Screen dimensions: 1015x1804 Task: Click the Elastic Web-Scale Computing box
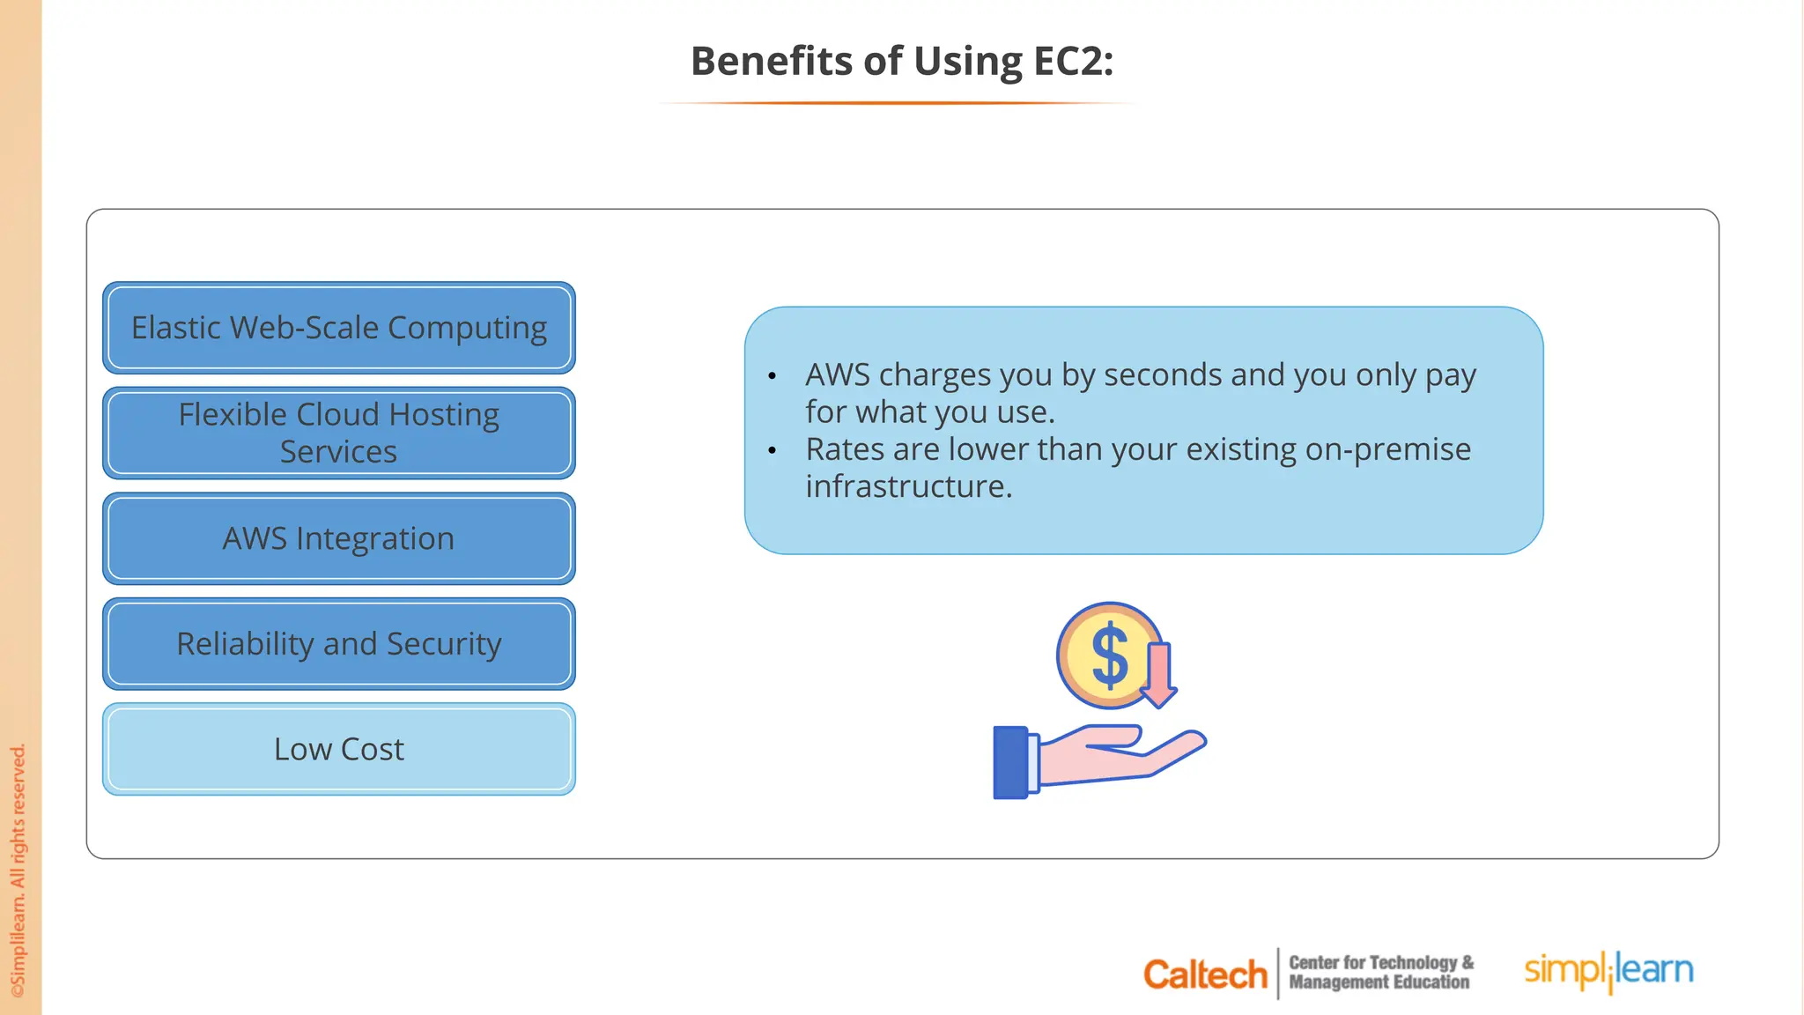click(x=339, y=328)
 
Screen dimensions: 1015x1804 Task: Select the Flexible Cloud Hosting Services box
click(x=339, y=433)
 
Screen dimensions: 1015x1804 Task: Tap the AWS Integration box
click(x=339, y=538)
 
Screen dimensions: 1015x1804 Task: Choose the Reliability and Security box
click(x=339, y=644)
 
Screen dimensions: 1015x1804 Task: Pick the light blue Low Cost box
click(x=339, y=749)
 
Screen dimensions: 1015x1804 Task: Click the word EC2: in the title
click(x=1073, y=62)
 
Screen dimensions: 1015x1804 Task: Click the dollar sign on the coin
click(x=1109, y=656)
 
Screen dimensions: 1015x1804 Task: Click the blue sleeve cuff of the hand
click(x=1011, y=762)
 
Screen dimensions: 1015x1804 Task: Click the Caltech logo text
click(x=1205, y=974)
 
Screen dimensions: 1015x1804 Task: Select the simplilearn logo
click(x=1608, y=970)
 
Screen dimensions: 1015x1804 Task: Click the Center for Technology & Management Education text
click(x=1380, y=973)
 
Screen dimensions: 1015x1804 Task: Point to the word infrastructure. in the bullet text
click(x=908, y=486)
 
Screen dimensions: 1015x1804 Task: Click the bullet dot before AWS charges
click(x=773, y=377)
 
